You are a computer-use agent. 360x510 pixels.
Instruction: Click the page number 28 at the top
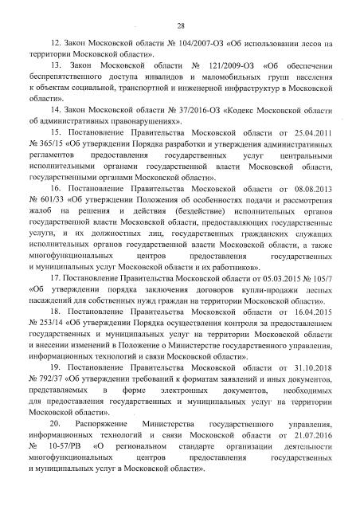tap(180, 24)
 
